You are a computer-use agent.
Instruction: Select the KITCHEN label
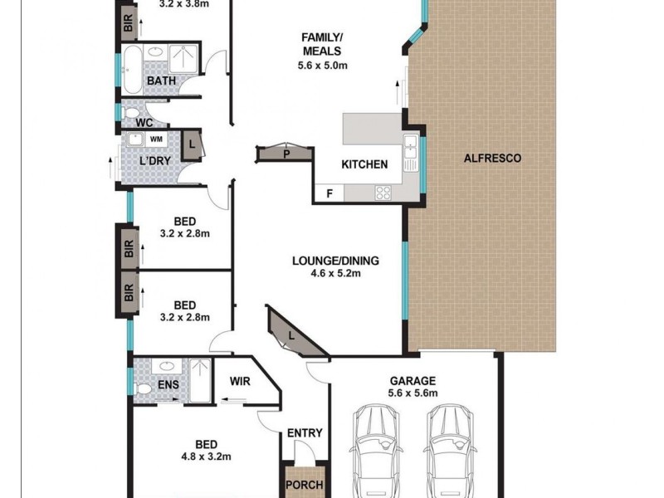pyautogui.click(x=364, y=164)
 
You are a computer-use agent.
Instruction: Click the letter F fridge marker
pyautogui.click(x=329, y=193)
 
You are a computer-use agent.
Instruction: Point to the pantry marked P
pyautogui.click(x=286, y=153)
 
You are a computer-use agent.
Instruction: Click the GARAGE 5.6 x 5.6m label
pyautogui.click(x=413, y=388)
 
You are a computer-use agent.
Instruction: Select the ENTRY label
pyautogui.click(x=304, y=433)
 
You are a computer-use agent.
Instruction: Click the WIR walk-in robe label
pyautogui.click(x=240, y=382)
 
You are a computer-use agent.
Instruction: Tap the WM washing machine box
pyautogui.click(x=155, y=139)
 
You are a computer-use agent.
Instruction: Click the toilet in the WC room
pyautogui.click(x=130, y=111)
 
